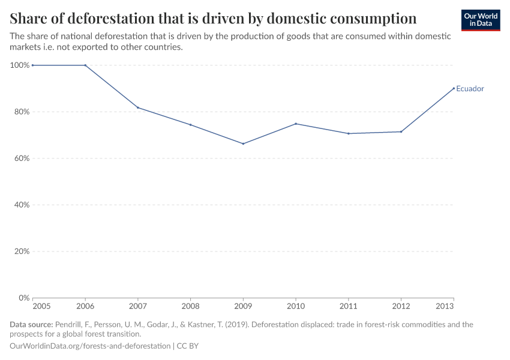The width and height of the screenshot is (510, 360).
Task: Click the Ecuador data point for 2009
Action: tap(243, 143)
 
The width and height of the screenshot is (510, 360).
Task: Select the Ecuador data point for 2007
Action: tap(138, 107)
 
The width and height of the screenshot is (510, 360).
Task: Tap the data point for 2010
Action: tap(296, 124)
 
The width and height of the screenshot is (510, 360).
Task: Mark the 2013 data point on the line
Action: tap(454, 88)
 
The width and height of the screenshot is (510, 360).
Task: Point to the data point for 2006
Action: tap(85, 65)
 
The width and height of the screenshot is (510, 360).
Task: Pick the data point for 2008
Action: tap(190, 125)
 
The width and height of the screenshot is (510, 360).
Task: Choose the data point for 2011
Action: tap(349, 133)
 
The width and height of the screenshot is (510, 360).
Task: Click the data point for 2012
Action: tap(401, 131)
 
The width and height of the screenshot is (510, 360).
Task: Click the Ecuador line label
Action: tap(470, 89)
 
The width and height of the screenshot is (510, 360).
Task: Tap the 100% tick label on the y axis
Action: tap(20, 65)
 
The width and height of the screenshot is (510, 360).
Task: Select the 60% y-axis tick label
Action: tap(22, 158)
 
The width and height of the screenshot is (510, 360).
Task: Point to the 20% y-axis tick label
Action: tap(22, 251)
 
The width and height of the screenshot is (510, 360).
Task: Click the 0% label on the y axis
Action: tap(24, 298)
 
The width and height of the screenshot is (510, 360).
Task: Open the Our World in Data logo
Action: tap(481, 20)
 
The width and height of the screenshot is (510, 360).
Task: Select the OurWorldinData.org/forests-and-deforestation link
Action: tap(90, 346)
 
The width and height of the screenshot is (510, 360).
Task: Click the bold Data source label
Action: tap(31, 325)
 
